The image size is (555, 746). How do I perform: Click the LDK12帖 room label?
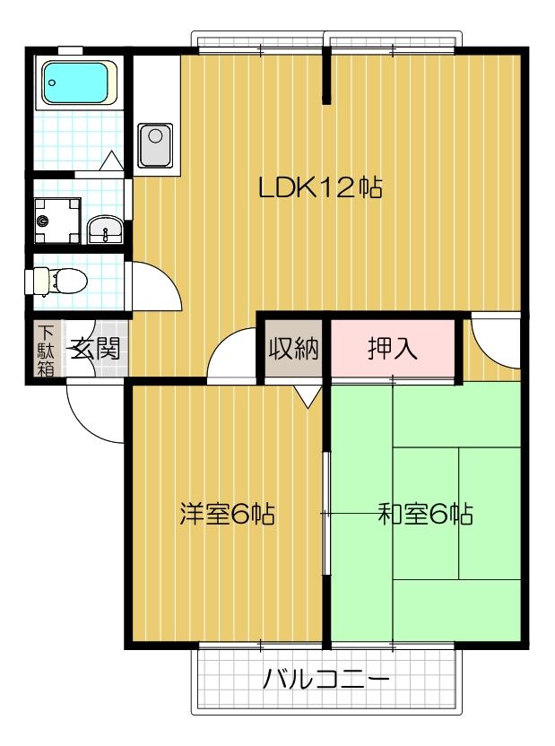point(320,188)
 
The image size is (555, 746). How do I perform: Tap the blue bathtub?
point(76,83)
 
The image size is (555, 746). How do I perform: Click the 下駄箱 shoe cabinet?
point(46,348)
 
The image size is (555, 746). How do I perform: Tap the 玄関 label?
point(96,349)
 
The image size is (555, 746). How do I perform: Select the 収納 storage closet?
point(293,349)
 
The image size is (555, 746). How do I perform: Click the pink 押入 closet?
point(392,349)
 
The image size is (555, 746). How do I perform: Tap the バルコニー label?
point(325,680)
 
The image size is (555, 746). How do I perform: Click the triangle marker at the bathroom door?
point(112,161)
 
